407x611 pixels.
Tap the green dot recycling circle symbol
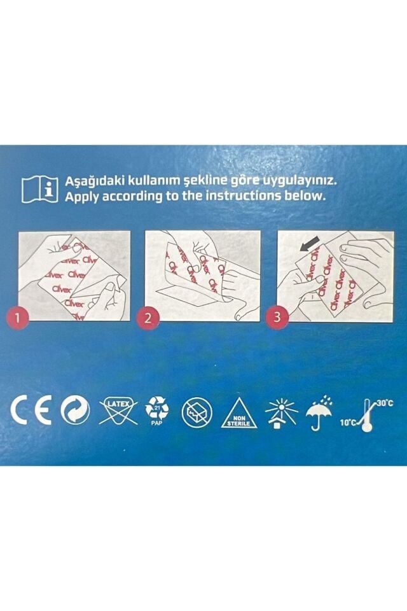[x=75, y=412]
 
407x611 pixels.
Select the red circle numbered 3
[x=276, y=319]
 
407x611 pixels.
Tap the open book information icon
[x=37, y=188]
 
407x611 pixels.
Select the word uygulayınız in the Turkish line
[x=298, y=181]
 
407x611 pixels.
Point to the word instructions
[x=245, y=196]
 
